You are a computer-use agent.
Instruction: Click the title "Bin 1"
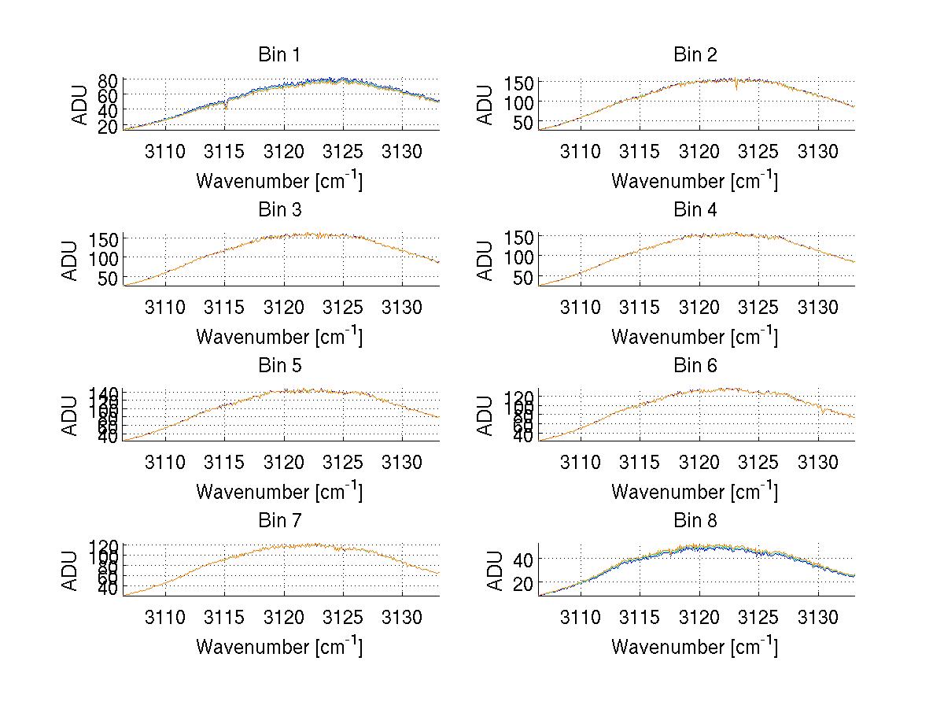pos(279,55)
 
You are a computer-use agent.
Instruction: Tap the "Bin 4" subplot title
pos(695,210)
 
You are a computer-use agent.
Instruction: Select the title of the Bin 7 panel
pos(279,521)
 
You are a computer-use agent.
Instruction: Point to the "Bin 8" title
pos(695,521)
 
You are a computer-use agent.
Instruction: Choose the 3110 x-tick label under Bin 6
pos(580,462)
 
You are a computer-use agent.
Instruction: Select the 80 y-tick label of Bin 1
pos(109,80)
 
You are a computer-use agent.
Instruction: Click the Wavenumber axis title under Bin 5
pos(279,492)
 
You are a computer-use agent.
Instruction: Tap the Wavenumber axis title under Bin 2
pos(695,181)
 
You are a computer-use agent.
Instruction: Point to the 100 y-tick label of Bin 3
pos(104,257)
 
